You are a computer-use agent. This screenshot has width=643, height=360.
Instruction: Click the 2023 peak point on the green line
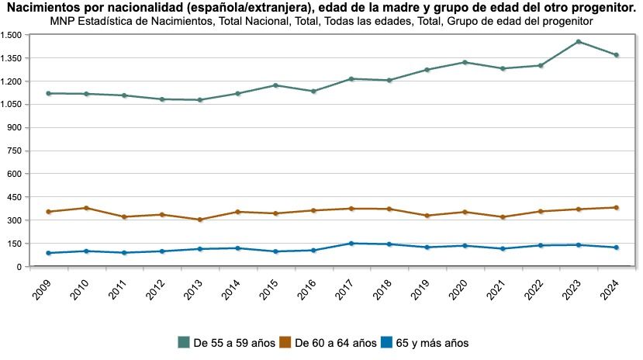pyautogui.click(x=578, y=42)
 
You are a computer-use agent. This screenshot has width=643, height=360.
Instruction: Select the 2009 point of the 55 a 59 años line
pyautogui.click(x=48, y=93)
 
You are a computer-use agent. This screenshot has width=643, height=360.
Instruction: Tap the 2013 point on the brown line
pyautogui.click(x=200, y=220)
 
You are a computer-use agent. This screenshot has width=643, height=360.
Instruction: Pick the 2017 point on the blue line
pyautogui.click(x=351, y=244)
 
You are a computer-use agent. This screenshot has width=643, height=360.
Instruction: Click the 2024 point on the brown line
pyautogui.click(x=616, y=207)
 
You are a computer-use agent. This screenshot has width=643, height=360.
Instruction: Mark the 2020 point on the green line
pyautogui.click(x=465, y=62)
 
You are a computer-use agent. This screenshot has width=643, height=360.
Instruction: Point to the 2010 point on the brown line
pyautogui.click(x=86, y=208)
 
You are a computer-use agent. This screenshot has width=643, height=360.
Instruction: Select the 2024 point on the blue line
pyautogui.click(x=616, y=247)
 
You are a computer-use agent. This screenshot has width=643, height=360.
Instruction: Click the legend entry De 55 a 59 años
pyautogui.click(x=233, y=342)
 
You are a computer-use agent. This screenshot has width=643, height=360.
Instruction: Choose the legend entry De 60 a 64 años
pyautogui.click(x=336, y=342)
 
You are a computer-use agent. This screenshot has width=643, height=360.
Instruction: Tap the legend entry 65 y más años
pyautogui.click(x=431, y=342)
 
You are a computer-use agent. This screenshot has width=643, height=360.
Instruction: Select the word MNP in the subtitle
pyautogui.click(x=63, y=21)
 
